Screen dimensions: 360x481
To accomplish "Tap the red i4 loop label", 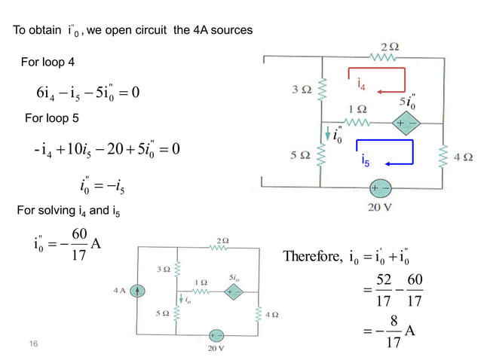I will point(363,87).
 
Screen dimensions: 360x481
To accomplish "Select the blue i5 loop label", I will point(365,160).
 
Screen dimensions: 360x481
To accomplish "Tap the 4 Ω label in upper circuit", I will point(463,157).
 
